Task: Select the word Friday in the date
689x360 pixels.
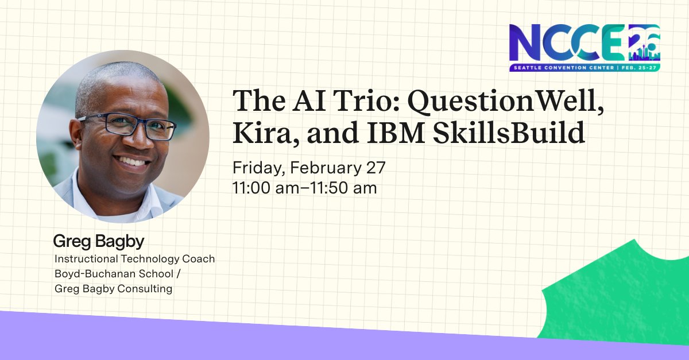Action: (257, 168)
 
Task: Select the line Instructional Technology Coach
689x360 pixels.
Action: (134, 259)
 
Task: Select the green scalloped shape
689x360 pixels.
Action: (620, 299)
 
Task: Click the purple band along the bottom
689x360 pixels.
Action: (230, 342)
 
